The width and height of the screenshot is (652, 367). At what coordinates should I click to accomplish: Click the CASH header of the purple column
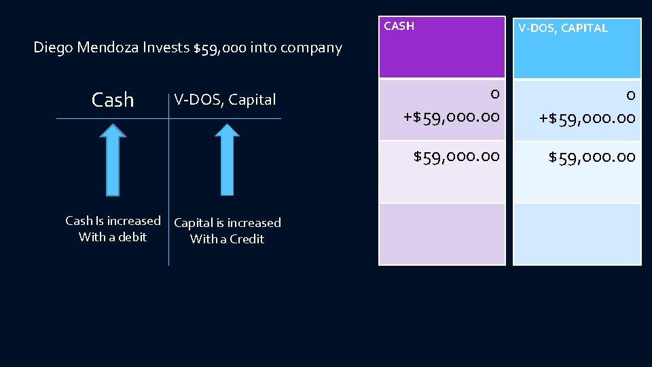[399, 27]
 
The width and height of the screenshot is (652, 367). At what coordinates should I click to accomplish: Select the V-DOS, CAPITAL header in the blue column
[563, 28]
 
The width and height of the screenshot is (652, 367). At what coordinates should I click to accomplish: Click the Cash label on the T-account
[113, 100]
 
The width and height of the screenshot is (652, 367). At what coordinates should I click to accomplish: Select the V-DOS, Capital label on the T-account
[225, 100]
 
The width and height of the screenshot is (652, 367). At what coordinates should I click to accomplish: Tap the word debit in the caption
[132, 237]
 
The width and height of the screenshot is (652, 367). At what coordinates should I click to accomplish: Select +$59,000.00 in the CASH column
[452, 118]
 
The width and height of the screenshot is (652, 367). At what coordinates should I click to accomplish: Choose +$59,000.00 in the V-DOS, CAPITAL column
[587, 118]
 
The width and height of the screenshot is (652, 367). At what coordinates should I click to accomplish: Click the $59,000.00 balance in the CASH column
[457, 157]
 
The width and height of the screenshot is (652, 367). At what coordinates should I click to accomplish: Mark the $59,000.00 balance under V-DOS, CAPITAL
[592, 158]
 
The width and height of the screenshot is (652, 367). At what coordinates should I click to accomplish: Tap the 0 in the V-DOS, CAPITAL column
[630, 95]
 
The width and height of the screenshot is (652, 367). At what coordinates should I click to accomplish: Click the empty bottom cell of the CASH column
[442, 234]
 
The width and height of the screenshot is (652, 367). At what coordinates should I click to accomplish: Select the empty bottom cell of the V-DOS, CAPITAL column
[577, 234]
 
